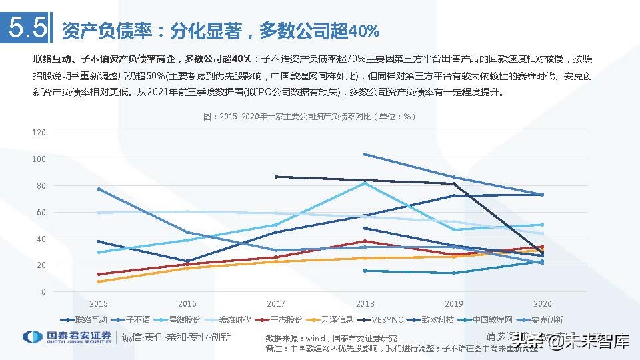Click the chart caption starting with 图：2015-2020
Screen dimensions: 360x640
(309, 117)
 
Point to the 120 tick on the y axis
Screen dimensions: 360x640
(39, 133)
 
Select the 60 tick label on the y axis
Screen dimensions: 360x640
(41, 213)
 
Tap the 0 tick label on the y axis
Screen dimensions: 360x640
(43, 292)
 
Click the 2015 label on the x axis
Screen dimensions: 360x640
(98, 303)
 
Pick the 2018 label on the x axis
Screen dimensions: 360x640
(365, 303)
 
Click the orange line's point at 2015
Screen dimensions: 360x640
(98, 281)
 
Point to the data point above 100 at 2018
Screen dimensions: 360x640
(365, 154)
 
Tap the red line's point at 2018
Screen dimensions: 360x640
(365, 241)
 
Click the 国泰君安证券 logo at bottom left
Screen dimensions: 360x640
(67, 337)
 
